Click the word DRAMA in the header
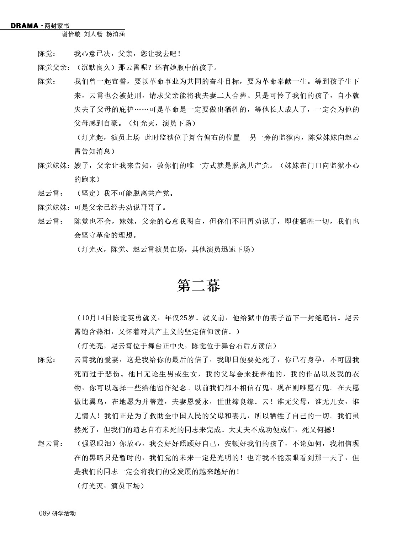point(24,26)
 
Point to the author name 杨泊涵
point(115,34)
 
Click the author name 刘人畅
point(93,34)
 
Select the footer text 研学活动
point(64,513)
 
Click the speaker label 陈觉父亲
point(52,68)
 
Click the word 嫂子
point(81,165)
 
